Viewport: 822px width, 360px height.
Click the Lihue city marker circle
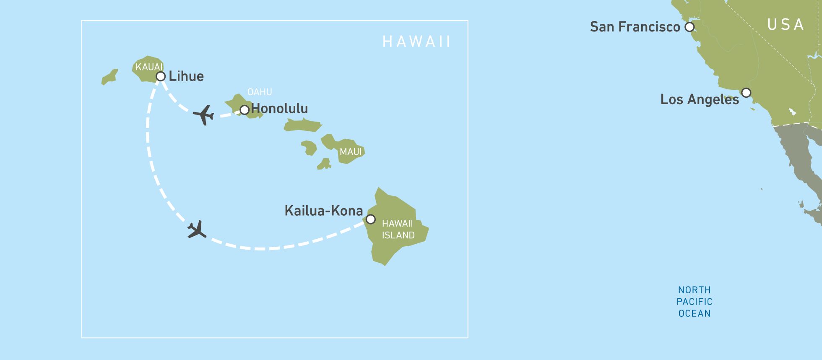(x=161, y=76)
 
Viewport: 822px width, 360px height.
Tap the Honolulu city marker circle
(x=245, y=110)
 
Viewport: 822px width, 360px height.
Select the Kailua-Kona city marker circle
(x=371, y=219)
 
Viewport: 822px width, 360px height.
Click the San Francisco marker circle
(x=689, y=27)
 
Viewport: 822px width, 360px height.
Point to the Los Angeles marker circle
(x=746, y=92)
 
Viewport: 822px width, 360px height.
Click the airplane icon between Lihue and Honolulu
(x=204, y=115)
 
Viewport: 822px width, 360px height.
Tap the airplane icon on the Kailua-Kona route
(x=196, y=230)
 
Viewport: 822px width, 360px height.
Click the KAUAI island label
(x=149, y=67)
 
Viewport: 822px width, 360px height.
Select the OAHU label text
(x=260, y=92)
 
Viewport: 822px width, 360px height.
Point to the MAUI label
(x=351, y=152)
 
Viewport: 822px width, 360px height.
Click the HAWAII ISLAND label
(x=398, y=230)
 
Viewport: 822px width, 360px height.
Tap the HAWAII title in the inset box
(x=416, y=42)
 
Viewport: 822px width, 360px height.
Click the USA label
(x=786, y=25)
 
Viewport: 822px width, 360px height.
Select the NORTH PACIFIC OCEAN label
(x=695, y=302)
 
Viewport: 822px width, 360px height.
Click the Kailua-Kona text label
(x=323, y=211)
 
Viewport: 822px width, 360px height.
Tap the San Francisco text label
(x=635, y=27)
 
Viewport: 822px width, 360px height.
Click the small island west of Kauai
(x=110, y=77)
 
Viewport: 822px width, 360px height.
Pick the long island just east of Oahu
(x=302, y=125)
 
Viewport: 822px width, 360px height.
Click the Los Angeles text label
(x=700, y=99)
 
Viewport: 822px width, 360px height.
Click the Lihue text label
(x=186, y=76)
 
